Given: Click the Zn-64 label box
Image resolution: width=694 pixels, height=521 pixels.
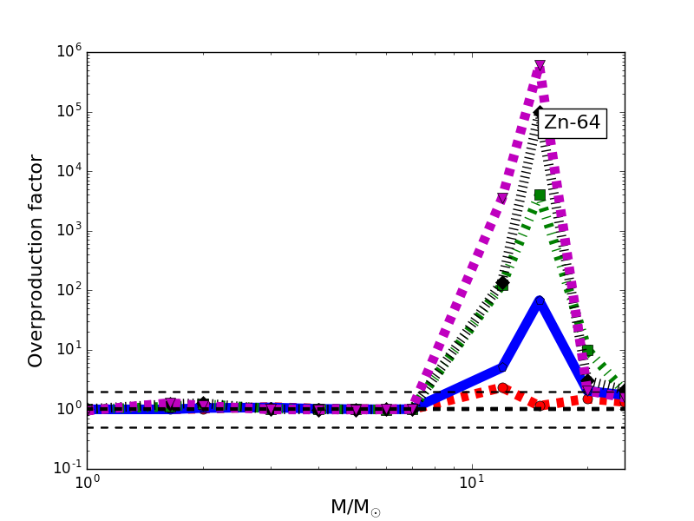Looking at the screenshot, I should tap(572, 123).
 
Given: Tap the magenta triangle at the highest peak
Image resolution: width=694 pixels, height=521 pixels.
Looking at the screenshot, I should tap(540, 66).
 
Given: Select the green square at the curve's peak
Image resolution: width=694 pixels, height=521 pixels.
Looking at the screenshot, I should tap(540, 195).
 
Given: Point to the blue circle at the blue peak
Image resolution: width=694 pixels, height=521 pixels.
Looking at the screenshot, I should tap(540, 301).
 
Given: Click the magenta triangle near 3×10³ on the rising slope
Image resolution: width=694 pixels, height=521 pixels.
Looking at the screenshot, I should tap(501, 199).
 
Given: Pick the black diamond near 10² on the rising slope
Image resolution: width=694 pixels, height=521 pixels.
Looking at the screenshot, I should tap(501, 283).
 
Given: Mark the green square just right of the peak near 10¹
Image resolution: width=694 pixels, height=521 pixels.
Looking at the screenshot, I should tap(587, 351).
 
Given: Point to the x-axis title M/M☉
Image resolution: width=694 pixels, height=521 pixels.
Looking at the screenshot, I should tap(355, 507).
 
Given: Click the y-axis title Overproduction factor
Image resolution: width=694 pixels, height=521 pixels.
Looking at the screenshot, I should tap(36, 260).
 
